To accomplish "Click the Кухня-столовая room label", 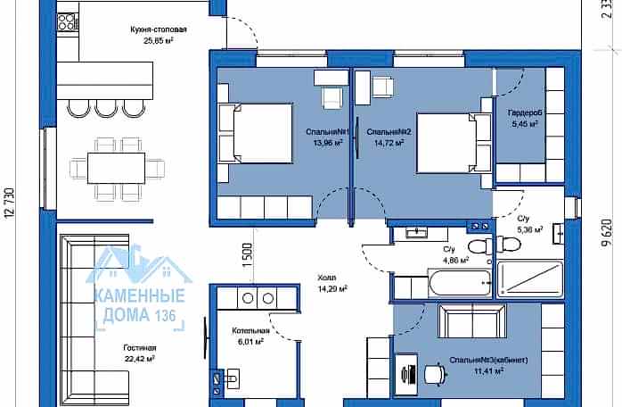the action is [159, 29].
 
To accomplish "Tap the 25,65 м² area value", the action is [159, 40].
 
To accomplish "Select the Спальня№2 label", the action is [389, 131].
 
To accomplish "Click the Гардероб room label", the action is [525, 112].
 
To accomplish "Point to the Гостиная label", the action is [140, 348].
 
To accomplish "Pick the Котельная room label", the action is [250, 330].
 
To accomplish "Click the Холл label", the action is [327, 278].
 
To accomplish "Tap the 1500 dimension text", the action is [247, 255].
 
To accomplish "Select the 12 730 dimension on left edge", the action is [10, 203].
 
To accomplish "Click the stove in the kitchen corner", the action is [67, 21].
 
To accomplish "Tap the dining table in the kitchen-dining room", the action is [116, 168].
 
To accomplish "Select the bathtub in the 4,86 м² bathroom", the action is [460, 283].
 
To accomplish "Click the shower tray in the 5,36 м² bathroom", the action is [530, 279].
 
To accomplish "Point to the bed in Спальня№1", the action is [256, 133].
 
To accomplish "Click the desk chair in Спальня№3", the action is [435, 374].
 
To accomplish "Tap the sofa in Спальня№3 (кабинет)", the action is [472, 320].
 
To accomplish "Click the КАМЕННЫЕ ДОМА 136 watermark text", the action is [140, 305].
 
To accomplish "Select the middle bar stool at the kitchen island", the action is [107, 109].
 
